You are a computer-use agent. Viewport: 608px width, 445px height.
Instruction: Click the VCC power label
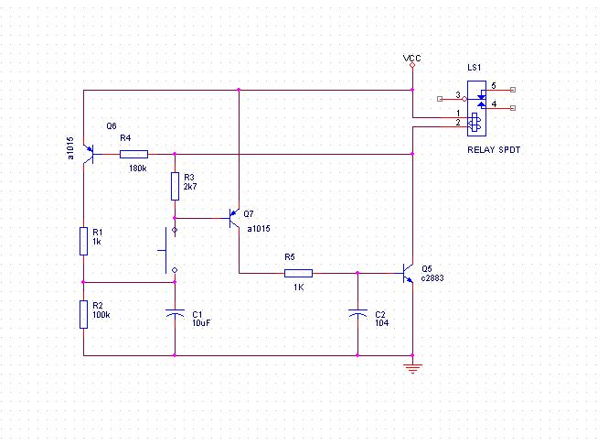(412, 59)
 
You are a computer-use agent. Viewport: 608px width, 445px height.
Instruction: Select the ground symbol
(412, 368)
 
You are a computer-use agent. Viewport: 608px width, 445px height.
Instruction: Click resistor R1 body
(83, 241)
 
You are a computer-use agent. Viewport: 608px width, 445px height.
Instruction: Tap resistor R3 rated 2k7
(175, 187)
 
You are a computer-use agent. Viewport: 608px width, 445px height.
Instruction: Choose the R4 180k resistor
(133, 154)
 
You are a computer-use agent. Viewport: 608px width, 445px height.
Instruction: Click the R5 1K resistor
(298, 273)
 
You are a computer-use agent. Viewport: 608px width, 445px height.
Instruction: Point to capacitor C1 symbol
(175, 314)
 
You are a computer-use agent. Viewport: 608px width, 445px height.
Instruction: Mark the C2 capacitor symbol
(357, 314)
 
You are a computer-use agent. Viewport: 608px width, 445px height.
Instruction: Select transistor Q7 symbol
(234, 218)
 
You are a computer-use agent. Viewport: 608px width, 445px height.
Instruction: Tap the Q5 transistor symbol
(409, 273)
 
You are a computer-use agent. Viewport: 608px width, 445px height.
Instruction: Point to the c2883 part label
(432, 277)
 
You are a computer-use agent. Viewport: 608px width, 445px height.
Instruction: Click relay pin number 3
(458, 94)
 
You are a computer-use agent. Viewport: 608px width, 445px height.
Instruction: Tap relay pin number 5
(493, 85)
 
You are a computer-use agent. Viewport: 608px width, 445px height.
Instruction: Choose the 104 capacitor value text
(381, 322)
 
